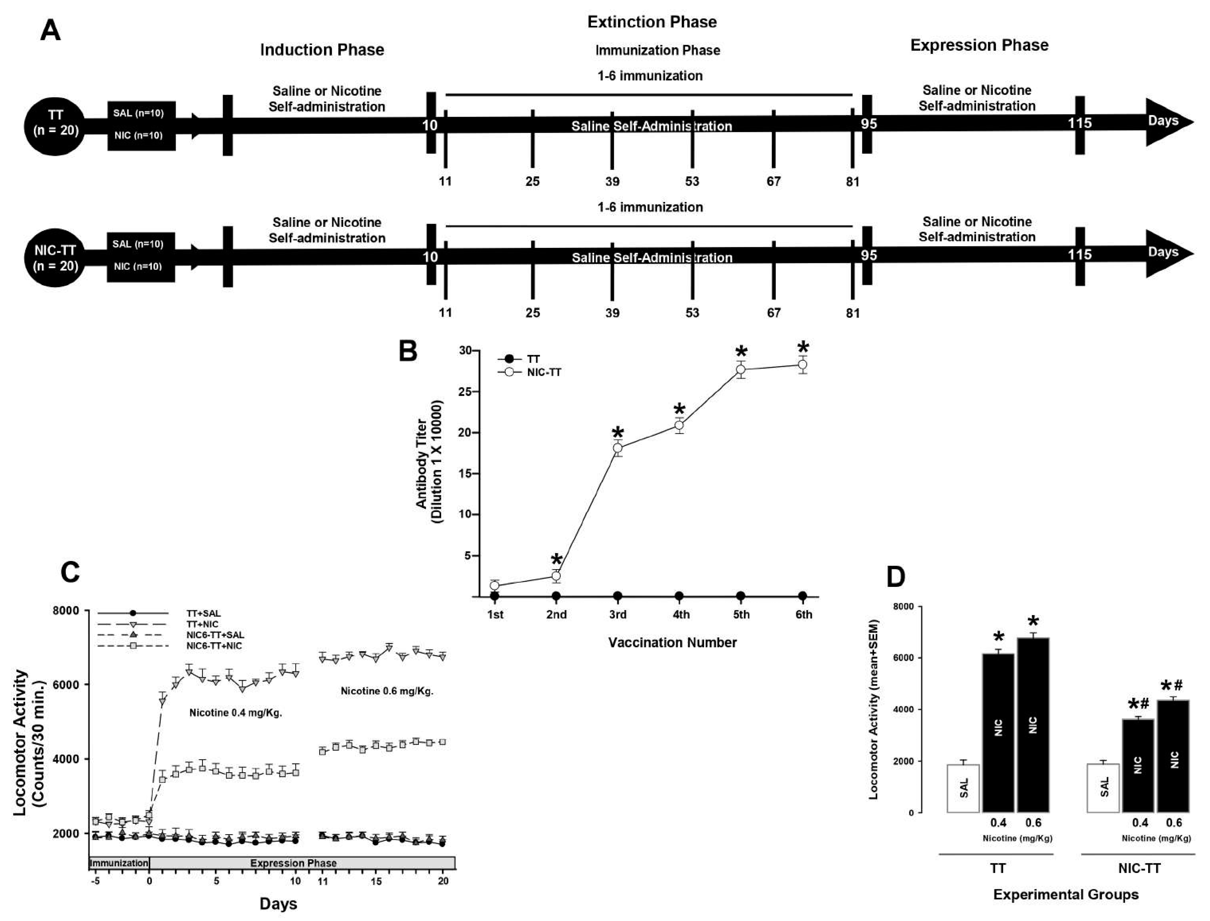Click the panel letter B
click(408, 351)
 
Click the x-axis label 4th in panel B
click(680, 614)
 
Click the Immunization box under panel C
click(119, 863)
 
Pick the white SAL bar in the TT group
click(963, 788)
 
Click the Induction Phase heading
click(322, 50)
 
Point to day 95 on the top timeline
click(868, 124)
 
